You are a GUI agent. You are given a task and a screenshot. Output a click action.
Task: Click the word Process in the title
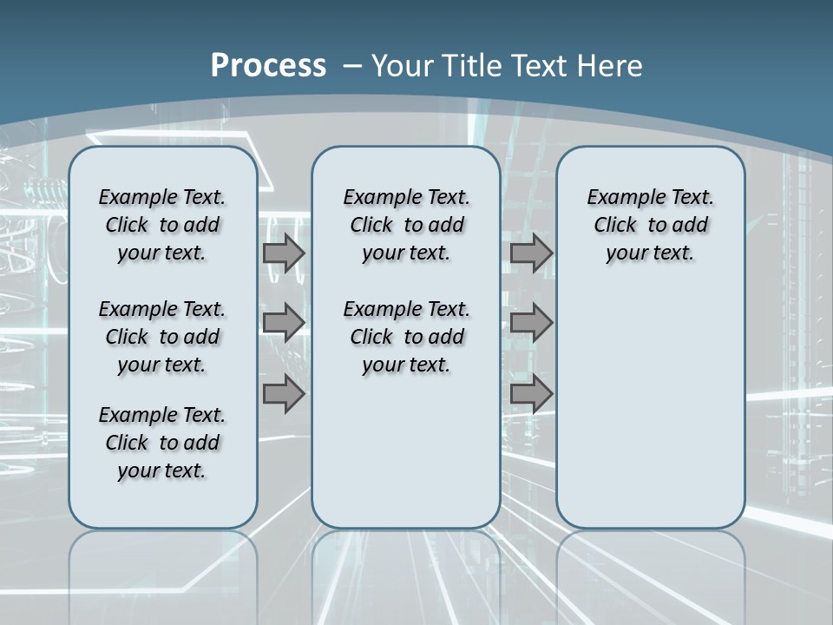(268, 65)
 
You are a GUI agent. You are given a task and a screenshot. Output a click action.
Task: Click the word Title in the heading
(468, 66)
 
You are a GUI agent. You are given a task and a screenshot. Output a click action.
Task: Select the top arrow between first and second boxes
(284, 253)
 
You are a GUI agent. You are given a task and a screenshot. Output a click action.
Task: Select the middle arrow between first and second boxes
(284, 323)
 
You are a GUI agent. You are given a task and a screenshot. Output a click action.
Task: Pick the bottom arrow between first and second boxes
(284, 395)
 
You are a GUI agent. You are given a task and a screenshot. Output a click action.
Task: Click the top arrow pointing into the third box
(531, 253)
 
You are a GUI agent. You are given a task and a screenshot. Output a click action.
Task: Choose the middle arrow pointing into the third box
(531, 323)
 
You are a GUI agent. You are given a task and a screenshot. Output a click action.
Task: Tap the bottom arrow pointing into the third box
(531, 395)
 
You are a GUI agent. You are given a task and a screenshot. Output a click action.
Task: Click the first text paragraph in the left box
(162, 225)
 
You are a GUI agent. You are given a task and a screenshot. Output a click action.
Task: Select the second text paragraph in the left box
(162, 337)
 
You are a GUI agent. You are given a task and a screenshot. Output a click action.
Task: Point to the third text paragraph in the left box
(162, 443)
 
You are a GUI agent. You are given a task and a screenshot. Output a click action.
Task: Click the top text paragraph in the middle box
(406, 225)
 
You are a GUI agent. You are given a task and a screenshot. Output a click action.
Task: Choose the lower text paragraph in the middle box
(406, 337)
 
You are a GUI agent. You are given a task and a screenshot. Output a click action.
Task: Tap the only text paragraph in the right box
(650, 225)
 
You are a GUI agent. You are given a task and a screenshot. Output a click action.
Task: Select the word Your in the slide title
(403, 66)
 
